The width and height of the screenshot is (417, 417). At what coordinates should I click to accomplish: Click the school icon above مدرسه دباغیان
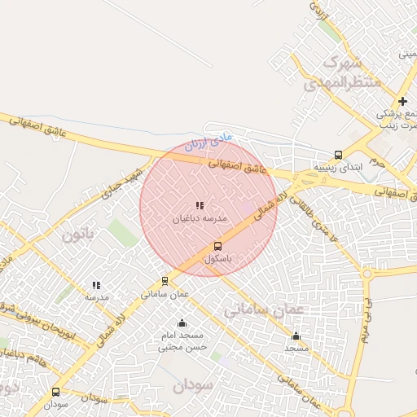click(x=200, y=206)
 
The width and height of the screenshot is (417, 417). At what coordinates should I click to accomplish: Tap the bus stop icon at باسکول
click(x=217, y=246)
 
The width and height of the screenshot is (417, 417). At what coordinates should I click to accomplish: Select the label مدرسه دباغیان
click(x=200, y=219)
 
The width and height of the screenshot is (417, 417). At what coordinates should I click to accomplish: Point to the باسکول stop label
click(x=217, y=259)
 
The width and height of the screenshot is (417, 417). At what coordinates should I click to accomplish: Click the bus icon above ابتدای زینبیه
click(x=338, y=155)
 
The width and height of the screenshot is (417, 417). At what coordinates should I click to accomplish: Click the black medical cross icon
click(x=402, y=100)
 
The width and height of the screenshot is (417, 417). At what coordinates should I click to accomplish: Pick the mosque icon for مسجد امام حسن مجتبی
click(x=182, y=323)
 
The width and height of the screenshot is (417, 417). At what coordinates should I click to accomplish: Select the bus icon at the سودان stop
click(x=55, y=391)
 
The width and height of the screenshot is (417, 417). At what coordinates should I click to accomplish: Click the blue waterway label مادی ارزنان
click(x=208, y=143)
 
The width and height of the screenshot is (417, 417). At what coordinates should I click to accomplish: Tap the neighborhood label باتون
click(x=79, y=235)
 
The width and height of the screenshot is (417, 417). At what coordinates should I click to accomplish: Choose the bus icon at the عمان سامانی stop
click(x=165, y=281)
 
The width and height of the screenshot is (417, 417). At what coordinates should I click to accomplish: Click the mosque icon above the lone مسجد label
click(x=296, y=336)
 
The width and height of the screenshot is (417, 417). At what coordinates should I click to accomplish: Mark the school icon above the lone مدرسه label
click(x=96, y=285)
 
